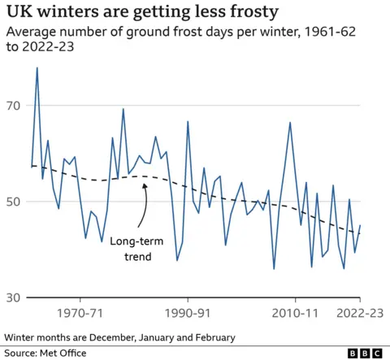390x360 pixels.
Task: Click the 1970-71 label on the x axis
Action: click(x=80, y=313)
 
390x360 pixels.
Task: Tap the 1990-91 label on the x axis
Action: click(x=188, y=313)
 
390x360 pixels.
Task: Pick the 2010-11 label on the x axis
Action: click(x=294, y=313)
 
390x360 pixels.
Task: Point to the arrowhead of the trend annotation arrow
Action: click(x=144, y=184)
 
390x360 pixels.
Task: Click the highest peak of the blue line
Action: click(x=37, y=67)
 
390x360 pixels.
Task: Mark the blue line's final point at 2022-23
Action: click(x=360, y=225)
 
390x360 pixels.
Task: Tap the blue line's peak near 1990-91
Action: click(x=188, y=122)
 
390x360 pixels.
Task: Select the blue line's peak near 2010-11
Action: click(x=290, y=123)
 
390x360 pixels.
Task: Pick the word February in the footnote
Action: click(x=212, y=336)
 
